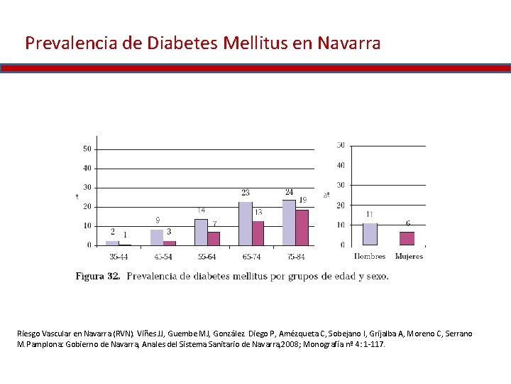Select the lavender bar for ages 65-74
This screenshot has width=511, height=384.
[x=245, y=223]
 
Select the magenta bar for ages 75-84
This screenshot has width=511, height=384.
[x=302, y=228]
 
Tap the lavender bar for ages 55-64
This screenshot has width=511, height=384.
[x=201, y=232]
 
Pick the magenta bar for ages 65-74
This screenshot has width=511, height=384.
[x=258, y=233]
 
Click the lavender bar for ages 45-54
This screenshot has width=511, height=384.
[x=157, y=237]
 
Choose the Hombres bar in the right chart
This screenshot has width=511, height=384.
[x=369, y=234]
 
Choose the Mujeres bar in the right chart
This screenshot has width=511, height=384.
[x=407, y=238]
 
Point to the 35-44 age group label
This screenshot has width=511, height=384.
[x=119, y=256]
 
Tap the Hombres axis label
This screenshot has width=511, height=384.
[x=369, y=256]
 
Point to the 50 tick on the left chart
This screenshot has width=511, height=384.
[x=87, y=149]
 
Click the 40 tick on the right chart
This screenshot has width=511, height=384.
[x=341, y=165]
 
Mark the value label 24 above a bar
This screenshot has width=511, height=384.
[x=289, y=192]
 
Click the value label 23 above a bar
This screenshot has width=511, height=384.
[x=246, y=193]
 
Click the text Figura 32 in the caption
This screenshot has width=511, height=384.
[x=98, y=276]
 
